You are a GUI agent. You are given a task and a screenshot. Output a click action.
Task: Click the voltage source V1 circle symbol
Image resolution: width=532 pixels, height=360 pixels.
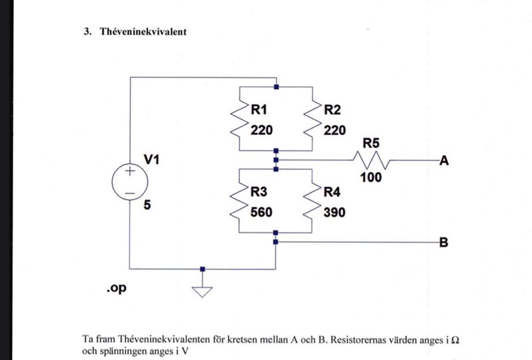(x=130, y=181)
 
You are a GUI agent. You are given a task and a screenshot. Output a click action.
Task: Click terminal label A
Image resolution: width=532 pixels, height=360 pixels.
(x=444, y=161)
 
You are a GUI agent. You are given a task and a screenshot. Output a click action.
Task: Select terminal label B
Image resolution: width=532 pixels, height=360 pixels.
(x=444, y=243)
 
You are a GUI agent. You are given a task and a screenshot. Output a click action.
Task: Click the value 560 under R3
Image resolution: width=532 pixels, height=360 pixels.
(x=261, y=212)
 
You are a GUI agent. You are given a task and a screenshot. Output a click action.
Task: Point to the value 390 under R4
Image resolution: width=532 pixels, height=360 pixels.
(x=334, y=212)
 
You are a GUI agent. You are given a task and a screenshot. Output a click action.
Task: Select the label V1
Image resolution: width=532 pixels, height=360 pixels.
(x=152, y=160)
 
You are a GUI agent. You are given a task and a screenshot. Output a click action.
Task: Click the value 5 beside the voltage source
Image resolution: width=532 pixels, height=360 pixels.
(x=147, y=206)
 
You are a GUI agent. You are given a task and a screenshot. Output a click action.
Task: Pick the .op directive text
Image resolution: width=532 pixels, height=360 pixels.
(x=116, y=289)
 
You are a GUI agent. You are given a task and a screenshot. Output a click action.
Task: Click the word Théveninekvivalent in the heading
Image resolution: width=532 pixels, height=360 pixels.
(x=142, y=32)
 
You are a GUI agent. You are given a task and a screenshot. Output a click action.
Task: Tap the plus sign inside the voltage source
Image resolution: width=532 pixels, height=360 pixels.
(x=130, y=172)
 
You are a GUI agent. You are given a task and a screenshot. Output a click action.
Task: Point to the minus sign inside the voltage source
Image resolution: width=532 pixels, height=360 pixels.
(x=130, y=192)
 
